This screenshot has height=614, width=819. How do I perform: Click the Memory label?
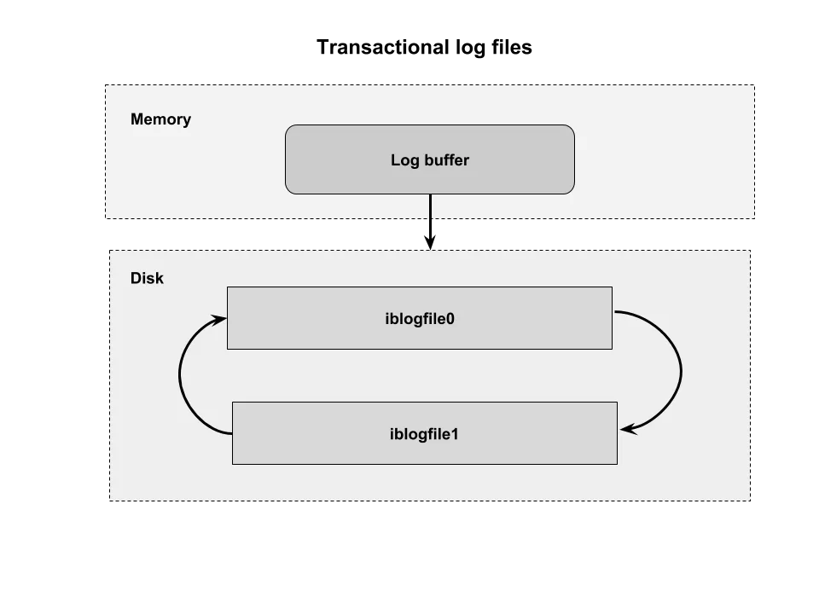160,119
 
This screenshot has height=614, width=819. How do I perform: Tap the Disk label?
147,278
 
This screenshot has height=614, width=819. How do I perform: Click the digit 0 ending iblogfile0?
450,319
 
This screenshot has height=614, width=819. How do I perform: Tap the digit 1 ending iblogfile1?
455,434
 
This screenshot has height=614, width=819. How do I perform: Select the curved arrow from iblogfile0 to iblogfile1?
680,372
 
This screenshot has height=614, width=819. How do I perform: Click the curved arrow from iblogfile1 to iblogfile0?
180,375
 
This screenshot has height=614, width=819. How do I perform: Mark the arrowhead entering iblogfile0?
221,319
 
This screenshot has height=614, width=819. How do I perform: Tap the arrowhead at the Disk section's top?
431,246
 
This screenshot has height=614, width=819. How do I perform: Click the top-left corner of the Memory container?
104,84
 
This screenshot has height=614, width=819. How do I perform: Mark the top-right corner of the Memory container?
756,84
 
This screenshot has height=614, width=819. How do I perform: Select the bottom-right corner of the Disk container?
749,502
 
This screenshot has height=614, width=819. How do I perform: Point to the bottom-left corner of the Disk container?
111,502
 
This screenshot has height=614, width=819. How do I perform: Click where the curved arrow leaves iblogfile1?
231,433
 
